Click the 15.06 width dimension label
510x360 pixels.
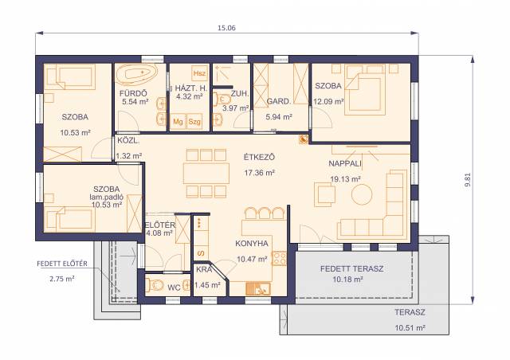[x=226, y=28]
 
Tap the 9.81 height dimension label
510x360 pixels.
[x=468, y=179]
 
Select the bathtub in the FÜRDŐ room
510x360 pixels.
[x=136, y=74]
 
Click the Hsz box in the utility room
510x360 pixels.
[x=199, y=73]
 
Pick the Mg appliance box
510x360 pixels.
[x=178, y=122]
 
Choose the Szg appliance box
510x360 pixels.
[x=194, y=122]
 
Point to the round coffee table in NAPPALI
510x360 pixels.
[x=362, y=195]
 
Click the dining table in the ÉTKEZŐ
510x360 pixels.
[x=206, y=174]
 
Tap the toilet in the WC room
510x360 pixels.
[x=154, y=285]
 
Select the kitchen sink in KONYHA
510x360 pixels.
[x=258, y=288]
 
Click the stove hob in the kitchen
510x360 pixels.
[x=279, y=259]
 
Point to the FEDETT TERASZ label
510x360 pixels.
[x=351, y=269]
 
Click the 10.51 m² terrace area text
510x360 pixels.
[x=410, y=328]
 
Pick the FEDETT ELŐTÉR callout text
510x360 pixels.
[x=62, y=264]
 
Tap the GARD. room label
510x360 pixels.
[x=278, y=101]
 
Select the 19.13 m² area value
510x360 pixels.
[x=345, y=179]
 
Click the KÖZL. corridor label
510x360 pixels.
[x=128, y=141]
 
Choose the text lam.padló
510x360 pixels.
[x=106, y=197]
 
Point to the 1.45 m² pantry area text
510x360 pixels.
[x=207, y=285]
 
